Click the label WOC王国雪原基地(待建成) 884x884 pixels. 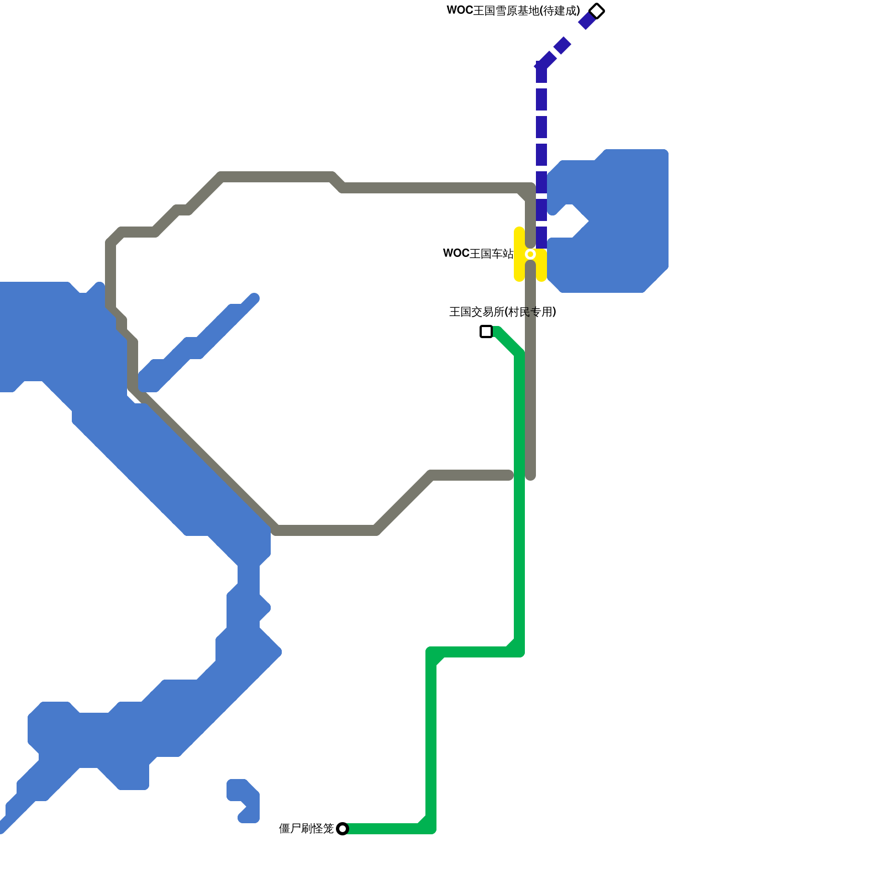point(513,11)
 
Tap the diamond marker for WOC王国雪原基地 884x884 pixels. point(597,11)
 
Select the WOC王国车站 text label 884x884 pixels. point(478,254)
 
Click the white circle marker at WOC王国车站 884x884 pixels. point(530,254)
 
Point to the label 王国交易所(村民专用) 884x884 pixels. point(502,312)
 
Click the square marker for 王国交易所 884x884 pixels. point(486,331)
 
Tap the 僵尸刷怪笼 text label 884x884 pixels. point(306,829)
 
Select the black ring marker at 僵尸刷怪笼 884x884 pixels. point(343,829)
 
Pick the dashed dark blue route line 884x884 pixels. point(541,127)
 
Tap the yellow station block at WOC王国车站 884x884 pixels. point(519,265)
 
